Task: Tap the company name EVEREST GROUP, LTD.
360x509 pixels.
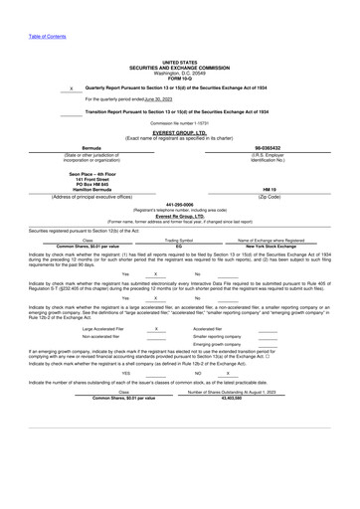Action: pos(179,131)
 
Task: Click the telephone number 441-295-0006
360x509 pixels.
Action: pos(179,205)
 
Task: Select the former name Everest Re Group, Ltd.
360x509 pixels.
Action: pos(179,216)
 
